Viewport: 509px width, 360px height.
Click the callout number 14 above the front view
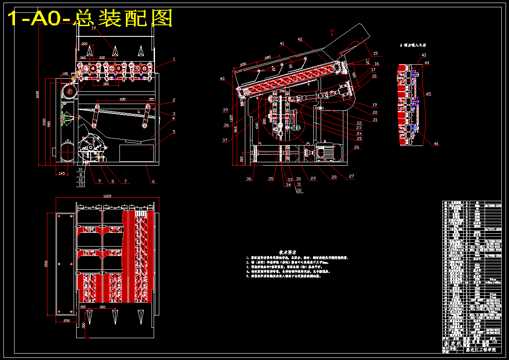[x=94, y=28]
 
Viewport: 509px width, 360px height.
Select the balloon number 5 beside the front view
[x=174, y=132]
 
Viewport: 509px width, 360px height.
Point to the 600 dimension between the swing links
[x=123, y=99]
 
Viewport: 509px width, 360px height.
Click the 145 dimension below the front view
[x=62, y=173]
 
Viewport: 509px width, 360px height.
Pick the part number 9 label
[x=99, y=181]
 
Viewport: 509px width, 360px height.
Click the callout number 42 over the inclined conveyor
[x=300, y=39]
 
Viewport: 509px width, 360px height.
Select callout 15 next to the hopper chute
[x=375, y=54]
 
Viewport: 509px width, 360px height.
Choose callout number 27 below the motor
[x=351, y=176]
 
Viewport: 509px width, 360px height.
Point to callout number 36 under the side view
[x=248, y=179]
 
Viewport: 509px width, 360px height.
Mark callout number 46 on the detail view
[x=436, y=144]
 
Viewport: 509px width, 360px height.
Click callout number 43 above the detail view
[x=424, y=55]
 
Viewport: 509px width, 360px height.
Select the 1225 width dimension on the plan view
[x=107, y=196]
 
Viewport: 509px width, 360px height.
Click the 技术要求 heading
[x=288, y=253]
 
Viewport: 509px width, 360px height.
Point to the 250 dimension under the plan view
[x=66, y=320]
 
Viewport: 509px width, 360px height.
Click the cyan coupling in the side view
[x=296, y=127]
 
